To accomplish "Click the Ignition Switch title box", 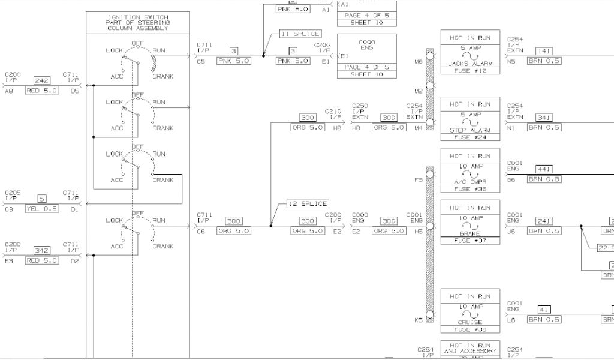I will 139,22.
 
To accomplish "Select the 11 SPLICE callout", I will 300,34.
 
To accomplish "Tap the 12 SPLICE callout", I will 307,203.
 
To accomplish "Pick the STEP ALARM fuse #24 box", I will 470,118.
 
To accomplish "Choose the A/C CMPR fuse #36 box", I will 470,170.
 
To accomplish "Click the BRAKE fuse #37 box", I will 470,222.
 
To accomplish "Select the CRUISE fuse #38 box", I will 470,311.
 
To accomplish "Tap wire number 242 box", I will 41,80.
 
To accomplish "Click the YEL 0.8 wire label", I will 41,209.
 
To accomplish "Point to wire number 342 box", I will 41,251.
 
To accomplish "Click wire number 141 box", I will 544,52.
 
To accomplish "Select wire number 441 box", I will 544,169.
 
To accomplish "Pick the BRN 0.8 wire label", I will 544,179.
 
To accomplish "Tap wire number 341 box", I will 544,118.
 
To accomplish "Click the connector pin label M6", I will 418,61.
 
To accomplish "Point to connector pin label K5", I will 418,320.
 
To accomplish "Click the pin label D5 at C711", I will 74,91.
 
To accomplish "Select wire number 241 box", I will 544,221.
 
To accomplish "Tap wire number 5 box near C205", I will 41,199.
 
